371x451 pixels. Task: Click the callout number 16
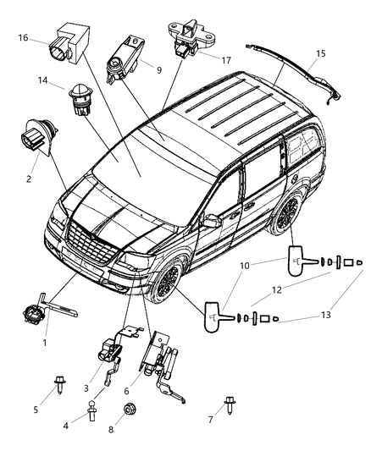point(24,38)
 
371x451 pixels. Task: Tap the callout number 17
point(225,60)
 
